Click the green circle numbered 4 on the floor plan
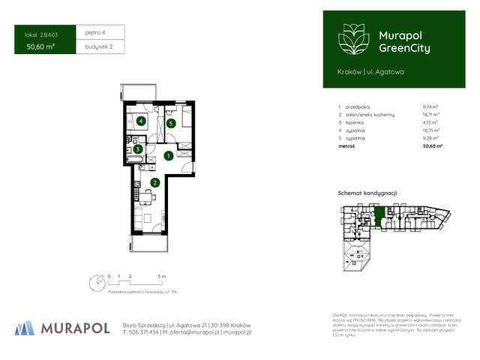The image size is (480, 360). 140,121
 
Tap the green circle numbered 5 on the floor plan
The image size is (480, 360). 171,123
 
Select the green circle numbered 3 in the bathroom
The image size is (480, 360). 138,148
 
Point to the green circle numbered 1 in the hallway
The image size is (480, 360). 169,156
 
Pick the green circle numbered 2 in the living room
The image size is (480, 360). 154,182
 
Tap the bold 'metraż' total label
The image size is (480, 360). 346,145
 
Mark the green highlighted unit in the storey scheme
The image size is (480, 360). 380,216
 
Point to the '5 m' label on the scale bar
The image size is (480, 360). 172,276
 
